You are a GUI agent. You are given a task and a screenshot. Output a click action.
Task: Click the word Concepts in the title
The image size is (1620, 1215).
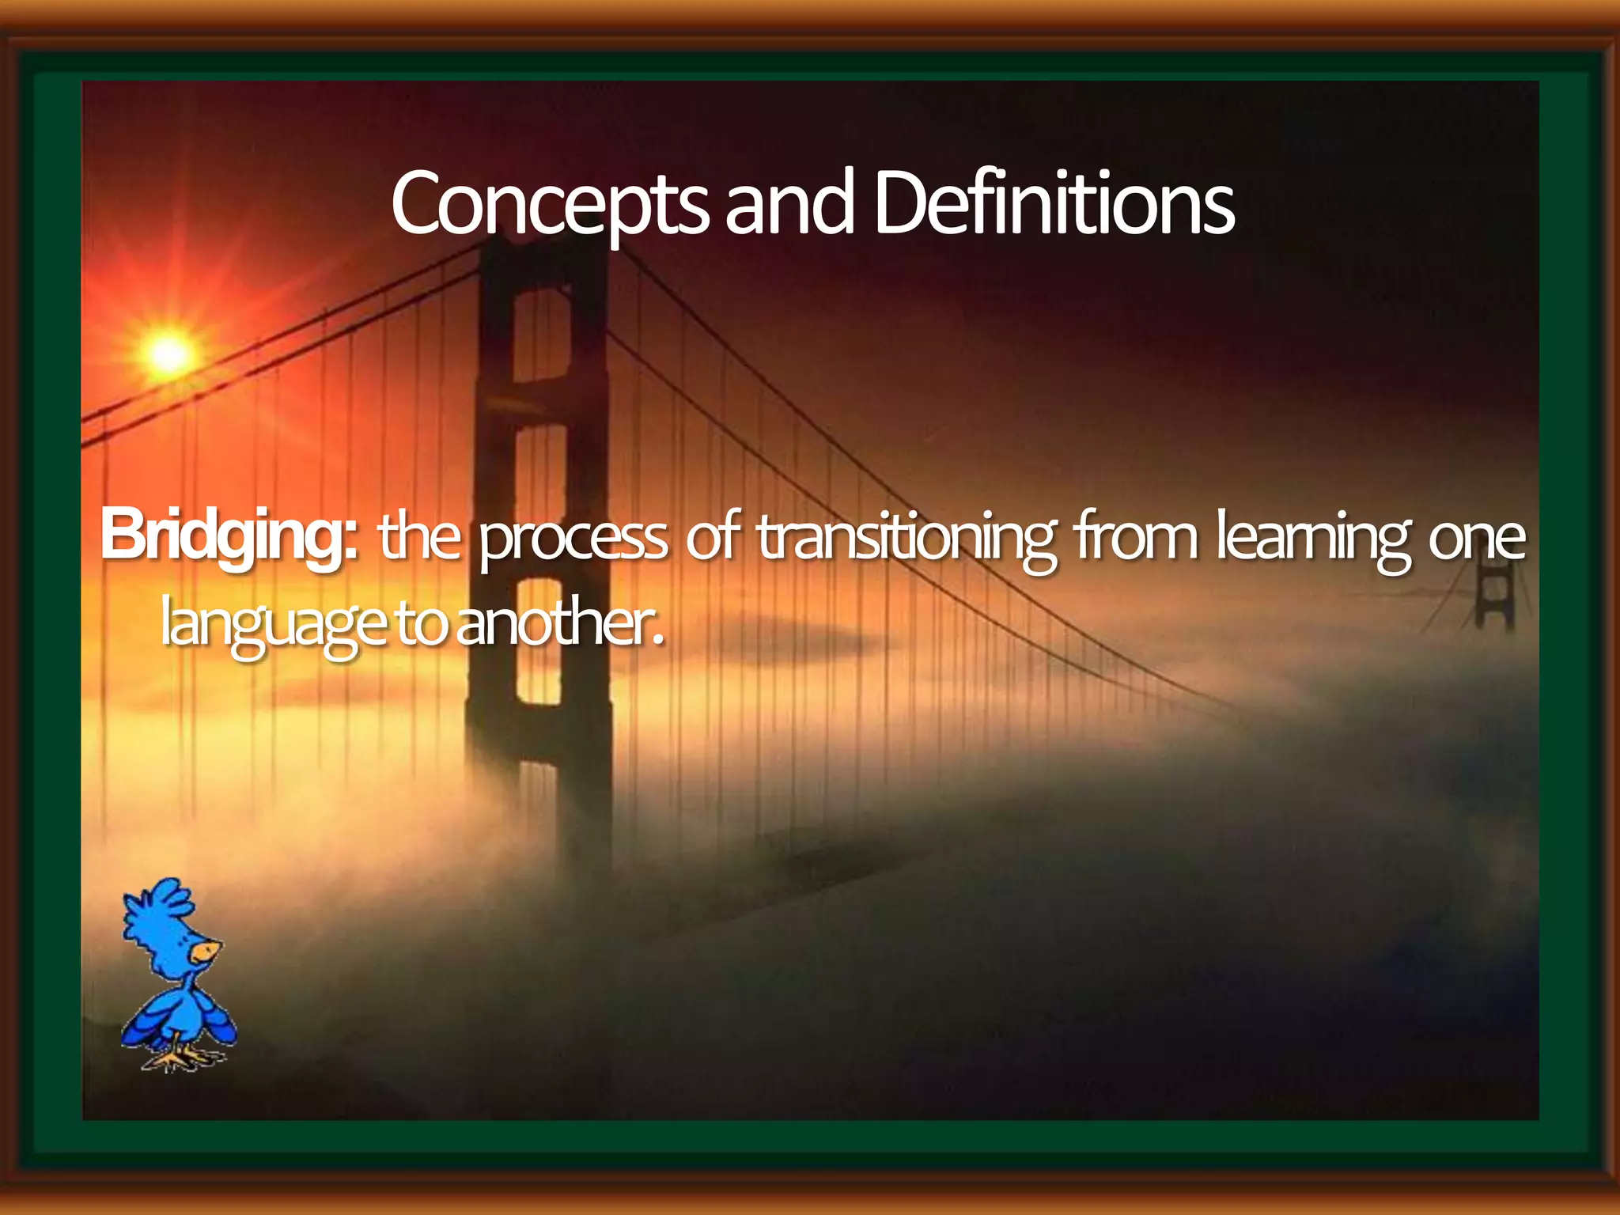coord(550,204)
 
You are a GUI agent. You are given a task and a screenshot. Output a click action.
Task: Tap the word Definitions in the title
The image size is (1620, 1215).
coord(1054,204)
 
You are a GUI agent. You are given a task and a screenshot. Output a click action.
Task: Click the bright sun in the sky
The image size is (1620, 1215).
coord(168,353)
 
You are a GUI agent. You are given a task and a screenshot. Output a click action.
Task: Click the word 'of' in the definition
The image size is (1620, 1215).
coord(712,538)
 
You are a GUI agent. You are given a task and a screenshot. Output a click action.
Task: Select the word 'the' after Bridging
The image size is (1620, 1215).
coord(419,538)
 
